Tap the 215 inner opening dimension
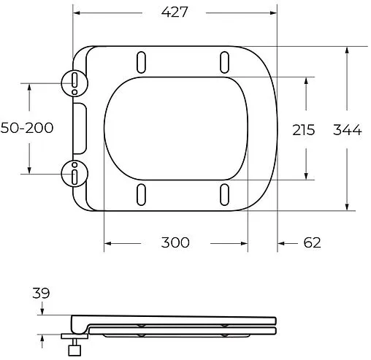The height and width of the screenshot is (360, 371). click(303, 130)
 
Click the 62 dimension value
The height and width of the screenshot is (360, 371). click(312, 242)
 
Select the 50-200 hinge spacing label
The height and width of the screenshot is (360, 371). click(27, 128)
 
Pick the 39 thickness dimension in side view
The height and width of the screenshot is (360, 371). click(41, 293)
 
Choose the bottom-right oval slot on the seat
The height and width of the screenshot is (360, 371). click(224, 195)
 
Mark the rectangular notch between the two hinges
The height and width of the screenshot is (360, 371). click(80, 128)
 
